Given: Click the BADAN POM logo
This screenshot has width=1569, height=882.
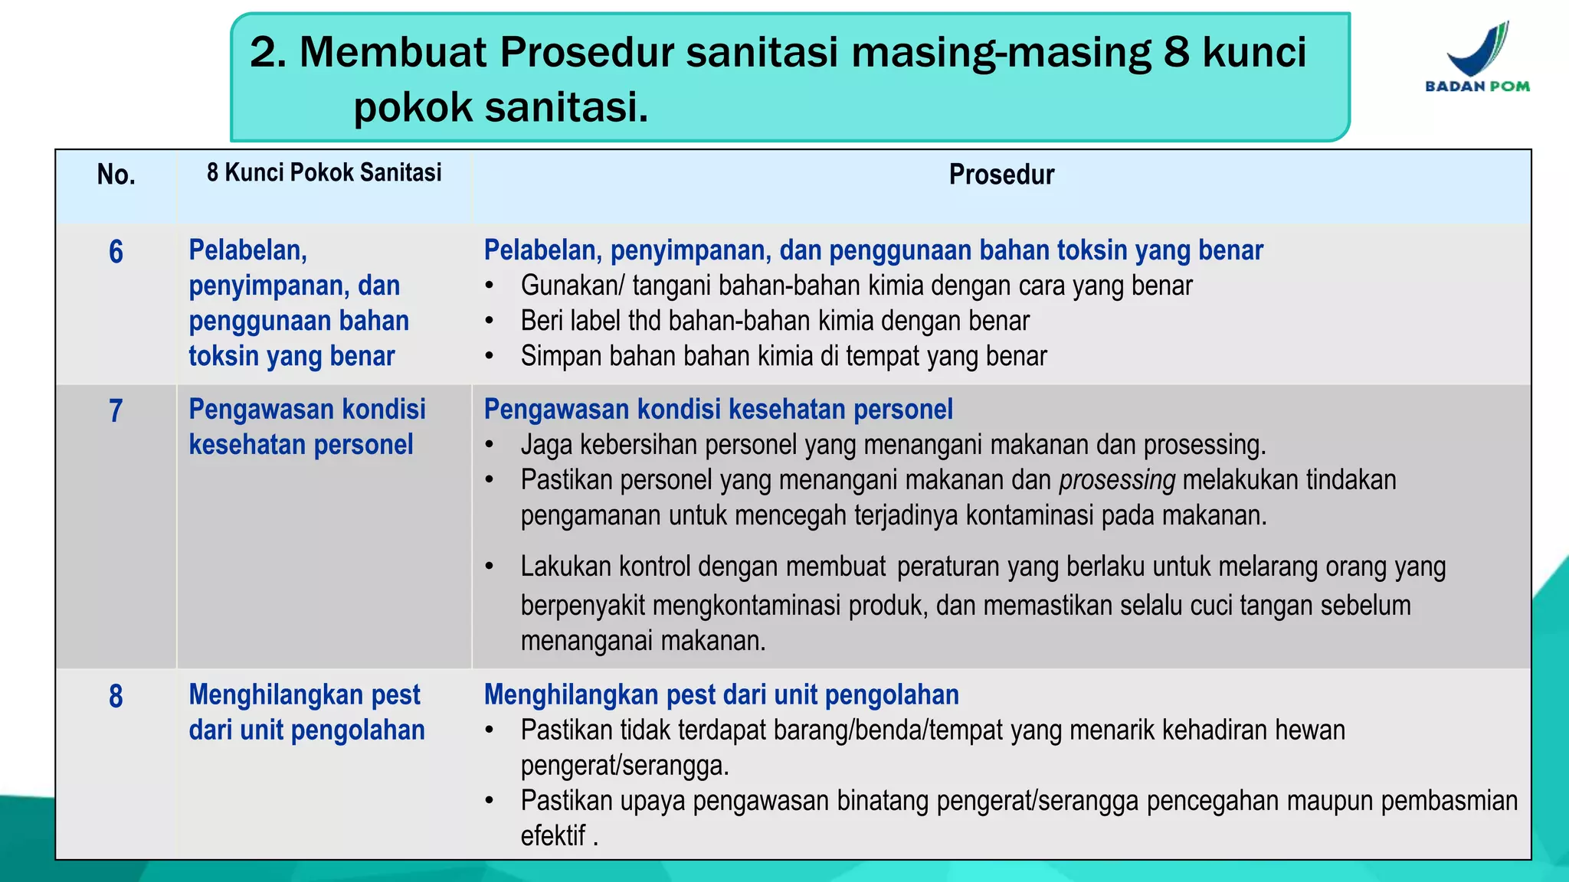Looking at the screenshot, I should click(1476, 57).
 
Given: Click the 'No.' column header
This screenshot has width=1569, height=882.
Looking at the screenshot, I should click(116, 175).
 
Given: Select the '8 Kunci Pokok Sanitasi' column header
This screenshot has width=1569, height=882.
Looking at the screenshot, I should click(324, 173).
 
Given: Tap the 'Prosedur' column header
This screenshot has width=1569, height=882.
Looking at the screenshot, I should click(1001, 175).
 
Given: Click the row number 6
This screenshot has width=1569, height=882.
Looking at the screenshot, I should click(116, 252).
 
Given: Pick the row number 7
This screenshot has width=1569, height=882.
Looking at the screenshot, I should click(116, 411).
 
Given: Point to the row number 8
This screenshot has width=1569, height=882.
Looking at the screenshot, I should click(116, 697).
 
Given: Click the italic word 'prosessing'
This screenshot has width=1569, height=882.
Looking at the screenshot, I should click(1116, 480).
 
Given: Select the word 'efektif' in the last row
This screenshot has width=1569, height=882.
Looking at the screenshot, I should click(553, 835).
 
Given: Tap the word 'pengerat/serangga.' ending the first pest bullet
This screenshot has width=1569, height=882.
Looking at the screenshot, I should click(624, 765).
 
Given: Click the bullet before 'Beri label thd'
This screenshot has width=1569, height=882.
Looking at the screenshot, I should click(490, 322).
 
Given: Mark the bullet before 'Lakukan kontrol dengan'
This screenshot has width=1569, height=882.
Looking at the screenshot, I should click(490, 567).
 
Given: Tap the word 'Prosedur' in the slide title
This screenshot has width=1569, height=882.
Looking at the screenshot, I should click(585, 52).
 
